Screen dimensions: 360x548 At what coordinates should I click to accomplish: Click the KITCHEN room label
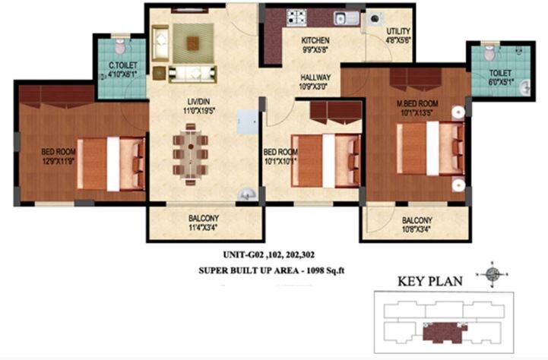click(314, 40)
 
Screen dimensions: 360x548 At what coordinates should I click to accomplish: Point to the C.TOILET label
click(122, 67)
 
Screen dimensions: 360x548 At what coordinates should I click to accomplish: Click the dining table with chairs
click(188, 154)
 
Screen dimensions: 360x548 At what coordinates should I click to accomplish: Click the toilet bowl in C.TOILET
click(122, 43)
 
